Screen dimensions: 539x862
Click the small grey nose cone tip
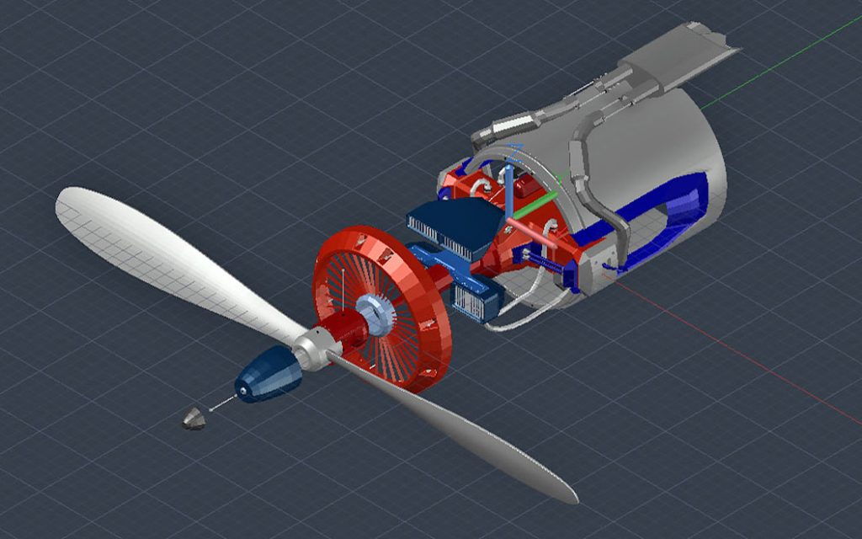point(194,418)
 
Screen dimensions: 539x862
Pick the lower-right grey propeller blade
point(471,438)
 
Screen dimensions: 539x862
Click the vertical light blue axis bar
point(510,189)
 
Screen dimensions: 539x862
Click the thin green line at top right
point(783,59)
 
